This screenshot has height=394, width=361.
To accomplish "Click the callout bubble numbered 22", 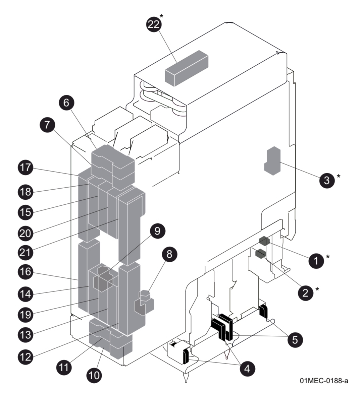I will [153, 25].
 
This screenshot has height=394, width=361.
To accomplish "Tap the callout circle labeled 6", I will [66, 102].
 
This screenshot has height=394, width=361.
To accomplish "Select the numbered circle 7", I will [47, 125].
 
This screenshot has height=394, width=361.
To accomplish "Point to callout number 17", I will [25, 168].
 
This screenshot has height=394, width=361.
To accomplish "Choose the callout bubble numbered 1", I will [315, 260].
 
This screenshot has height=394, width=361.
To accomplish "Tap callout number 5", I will [295, 339].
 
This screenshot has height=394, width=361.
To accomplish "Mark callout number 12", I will [25, 356].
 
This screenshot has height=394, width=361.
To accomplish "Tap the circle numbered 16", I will [25, 272].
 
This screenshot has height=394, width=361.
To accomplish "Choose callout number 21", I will [25, 252].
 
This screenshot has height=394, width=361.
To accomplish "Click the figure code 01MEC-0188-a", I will [324, 381].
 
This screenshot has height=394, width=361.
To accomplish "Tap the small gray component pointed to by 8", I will [144, 303].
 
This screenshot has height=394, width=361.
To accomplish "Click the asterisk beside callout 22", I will [162, 16].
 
